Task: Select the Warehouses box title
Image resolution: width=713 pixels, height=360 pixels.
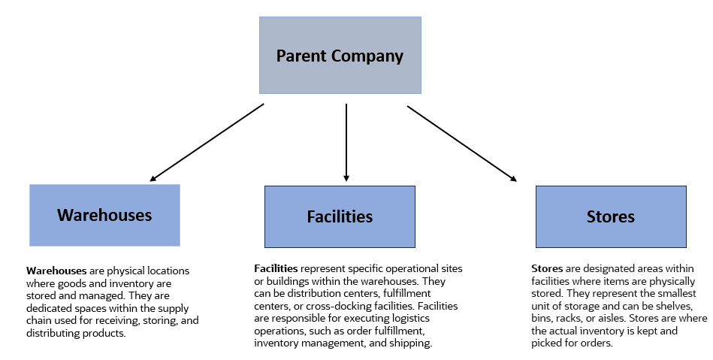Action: tap(104, 215)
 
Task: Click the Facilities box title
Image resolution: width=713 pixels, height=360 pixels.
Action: tap(340, 216)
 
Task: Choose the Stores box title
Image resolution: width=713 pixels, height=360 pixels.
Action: tap(610, 216)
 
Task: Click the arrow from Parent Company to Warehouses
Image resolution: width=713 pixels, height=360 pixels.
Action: tap(207, 143)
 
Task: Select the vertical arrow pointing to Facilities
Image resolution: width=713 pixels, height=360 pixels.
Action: tap(346, 143)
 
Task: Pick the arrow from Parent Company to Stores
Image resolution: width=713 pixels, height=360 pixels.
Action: tap(462, 143)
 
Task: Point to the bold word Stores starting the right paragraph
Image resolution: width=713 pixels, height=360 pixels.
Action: tap(545, 268)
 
